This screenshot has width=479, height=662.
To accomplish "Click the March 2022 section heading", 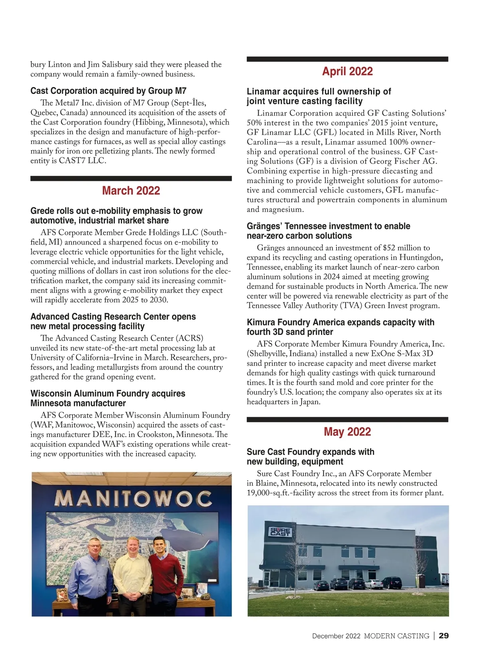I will (x=131, y=191).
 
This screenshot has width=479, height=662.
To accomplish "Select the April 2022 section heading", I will (x=347, y=72).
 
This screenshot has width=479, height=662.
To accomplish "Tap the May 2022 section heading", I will (x=347, y=432).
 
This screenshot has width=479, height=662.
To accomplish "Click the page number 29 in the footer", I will (x=443, y=636).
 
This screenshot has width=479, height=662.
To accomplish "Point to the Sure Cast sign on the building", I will (x=281, y=532).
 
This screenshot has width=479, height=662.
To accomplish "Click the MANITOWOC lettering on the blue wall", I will (x=133, y=499).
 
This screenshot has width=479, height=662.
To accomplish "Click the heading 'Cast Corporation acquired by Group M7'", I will (x=108, y=91).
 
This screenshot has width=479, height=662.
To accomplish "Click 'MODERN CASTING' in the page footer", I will (x=396, y=636).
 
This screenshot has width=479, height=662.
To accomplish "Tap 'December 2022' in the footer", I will (x=336, y=636).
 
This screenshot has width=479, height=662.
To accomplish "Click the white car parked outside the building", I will (x=373, y=584).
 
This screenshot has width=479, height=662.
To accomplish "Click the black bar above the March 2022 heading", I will (x=131, y=179).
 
